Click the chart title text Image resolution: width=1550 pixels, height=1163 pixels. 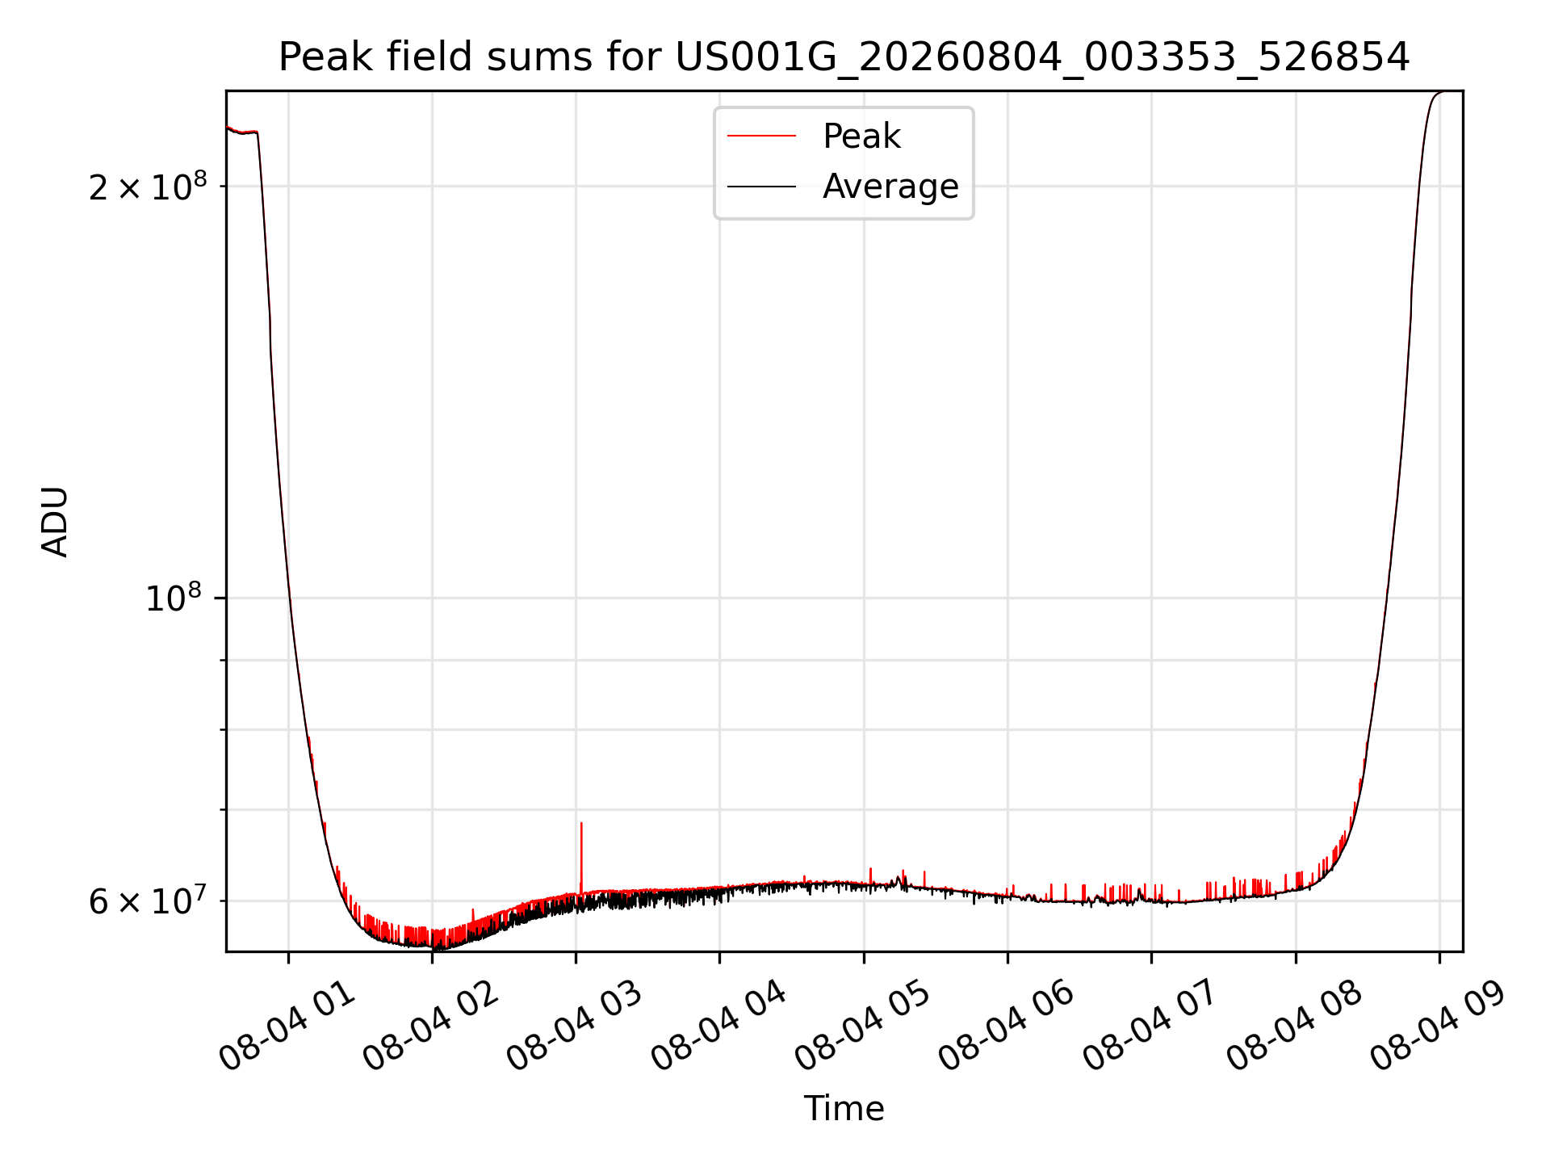(844, 57)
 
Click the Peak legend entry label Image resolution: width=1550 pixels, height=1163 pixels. (861, 136)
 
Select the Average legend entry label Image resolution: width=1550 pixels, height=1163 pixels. (890, 187)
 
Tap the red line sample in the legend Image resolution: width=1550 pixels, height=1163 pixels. (761, 136)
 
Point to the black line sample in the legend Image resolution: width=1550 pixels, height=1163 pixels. (761, 187)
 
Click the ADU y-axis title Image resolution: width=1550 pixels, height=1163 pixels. (55, 522)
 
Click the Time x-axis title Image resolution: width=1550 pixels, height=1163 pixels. (844, 1108)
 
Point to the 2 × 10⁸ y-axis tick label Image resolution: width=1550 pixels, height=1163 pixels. (148, 186)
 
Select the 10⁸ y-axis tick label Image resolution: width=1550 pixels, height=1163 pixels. (173, 598)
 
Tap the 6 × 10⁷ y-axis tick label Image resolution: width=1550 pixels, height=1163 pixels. (148, 901)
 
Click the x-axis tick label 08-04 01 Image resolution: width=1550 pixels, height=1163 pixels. (288, 1026)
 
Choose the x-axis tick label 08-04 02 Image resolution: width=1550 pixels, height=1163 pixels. (432, 1026)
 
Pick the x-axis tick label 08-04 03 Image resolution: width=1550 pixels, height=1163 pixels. (576, 1026)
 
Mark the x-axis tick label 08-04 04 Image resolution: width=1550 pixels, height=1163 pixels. (719, 1026)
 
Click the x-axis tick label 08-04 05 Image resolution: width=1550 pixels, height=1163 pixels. (864, 1026)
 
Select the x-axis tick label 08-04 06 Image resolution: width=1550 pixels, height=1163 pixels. (1007, 1026)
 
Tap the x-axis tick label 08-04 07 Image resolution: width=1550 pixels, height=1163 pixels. (1151, 1026)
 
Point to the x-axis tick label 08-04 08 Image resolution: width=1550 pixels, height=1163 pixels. (1296, 1026)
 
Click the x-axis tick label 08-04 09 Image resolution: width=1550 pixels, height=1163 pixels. (1439, 1026)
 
